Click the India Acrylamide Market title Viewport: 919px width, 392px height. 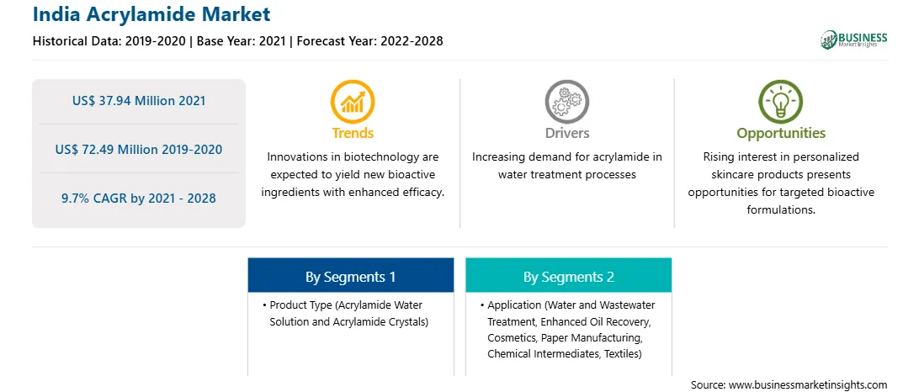[x=151, y=13]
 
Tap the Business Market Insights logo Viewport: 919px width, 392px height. [x=853, y=40]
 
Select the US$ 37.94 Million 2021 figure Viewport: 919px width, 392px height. [x=139, y=101]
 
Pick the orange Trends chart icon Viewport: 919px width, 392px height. [x=353, y=102]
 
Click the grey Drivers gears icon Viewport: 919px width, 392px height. [x=566, y=102]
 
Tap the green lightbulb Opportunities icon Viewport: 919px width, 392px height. [x=781, y=102]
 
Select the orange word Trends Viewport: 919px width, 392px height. [x=353, y=133]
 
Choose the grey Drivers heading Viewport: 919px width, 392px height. [x=566, y=133]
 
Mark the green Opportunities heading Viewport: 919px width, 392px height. [x=781, y=134]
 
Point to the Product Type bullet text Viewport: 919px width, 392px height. [x=346, y=314]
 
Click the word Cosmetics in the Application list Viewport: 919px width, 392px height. [x=512, y=338]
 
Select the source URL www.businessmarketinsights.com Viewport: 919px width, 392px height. [x=808, y=385]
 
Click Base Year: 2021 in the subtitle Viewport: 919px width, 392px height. [x=241, y=41]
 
